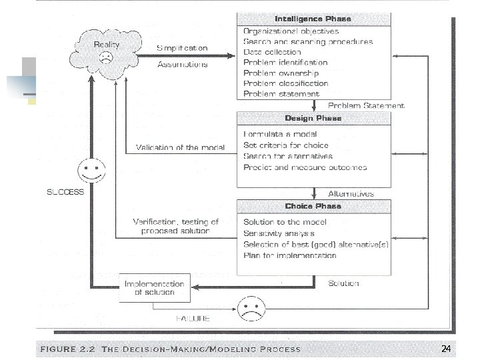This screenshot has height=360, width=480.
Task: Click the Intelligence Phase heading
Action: click(313, 19)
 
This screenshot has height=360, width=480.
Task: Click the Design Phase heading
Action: click(313, 118)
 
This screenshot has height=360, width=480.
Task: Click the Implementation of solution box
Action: click(153, 287)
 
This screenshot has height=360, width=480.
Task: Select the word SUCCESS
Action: click(65, 192)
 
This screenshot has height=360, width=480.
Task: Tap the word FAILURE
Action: click(193, 318)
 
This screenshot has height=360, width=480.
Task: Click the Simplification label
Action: click(183, 48)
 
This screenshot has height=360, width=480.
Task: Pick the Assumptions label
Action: click(183, 65)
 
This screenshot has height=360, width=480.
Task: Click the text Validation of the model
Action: click(180, 147)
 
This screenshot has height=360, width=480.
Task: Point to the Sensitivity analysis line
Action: click(279, 233)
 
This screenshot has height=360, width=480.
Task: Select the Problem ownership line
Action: click(281, 73)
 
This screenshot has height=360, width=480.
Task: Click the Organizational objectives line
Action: click(291, 31)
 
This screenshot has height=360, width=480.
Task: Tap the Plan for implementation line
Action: click(289, 255)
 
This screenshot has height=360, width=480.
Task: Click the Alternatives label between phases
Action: click(351, 193)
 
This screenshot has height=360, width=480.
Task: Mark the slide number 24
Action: click(446, 349)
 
